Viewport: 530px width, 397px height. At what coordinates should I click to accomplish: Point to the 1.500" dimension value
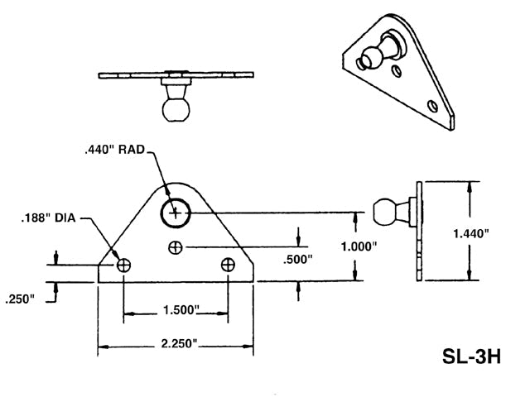coord(176,310)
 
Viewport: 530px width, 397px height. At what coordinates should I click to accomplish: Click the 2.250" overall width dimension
coord(176,343)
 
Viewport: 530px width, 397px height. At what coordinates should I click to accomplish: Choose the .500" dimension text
coord(296,259)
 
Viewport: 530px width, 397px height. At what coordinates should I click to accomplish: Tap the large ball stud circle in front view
coord(175,213)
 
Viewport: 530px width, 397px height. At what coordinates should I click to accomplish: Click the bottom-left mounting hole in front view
coord(123,265)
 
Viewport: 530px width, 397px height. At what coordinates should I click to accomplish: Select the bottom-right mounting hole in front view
coord(229,265)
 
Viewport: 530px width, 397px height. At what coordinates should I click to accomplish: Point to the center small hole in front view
coord(175,246)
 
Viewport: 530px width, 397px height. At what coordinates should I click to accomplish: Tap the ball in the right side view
coord(386,213)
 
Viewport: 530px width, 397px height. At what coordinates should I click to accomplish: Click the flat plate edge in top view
coord(124,75)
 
